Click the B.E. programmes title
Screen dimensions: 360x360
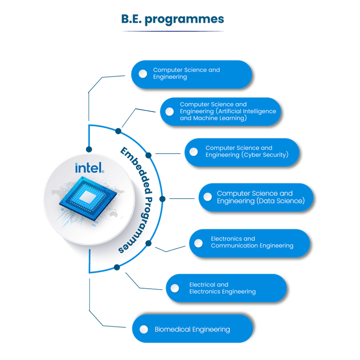tap(173, 19)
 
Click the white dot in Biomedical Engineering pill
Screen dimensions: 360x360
tap(144, 329)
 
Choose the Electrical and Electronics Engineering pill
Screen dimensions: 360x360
tap(226, 288)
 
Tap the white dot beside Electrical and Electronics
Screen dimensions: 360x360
tap(175, 288)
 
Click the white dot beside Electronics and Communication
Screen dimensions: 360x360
tap(198, 243)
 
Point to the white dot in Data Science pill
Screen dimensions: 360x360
tap(207, 197)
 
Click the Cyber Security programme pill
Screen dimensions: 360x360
tap(243, 151)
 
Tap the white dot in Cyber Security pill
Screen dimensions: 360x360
tap(193, 151)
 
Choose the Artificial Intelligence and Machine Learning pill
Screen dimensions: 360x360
tap(222, 112)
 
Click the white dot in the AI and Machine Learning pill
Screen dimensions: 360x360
tap(170, 112)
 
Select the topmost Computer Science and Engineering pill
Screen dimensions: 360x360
tap(191, 74)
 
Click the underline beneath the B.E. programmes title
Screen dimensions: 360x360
tap(173, 31)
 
